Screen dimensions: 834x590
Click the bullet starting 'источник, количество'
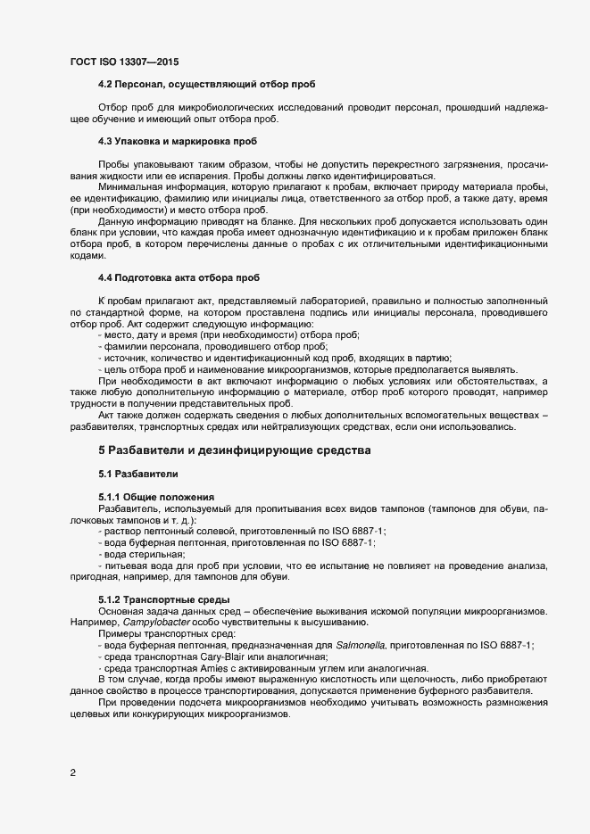click(277, 358)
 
